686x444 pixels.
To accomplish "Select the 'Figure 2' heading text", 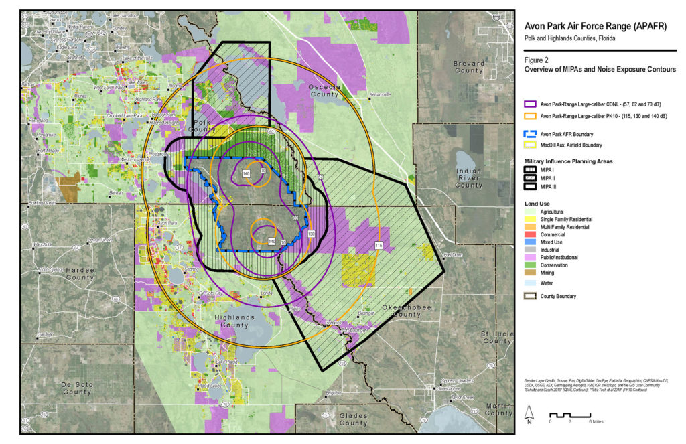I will point(538,60).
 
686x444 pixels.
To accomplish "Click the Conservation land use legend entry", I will point(554,265).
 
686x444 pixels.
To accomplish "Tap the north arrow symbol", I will point(529,415).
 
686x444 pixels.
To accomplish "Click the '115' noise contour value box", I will point(379,245).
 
